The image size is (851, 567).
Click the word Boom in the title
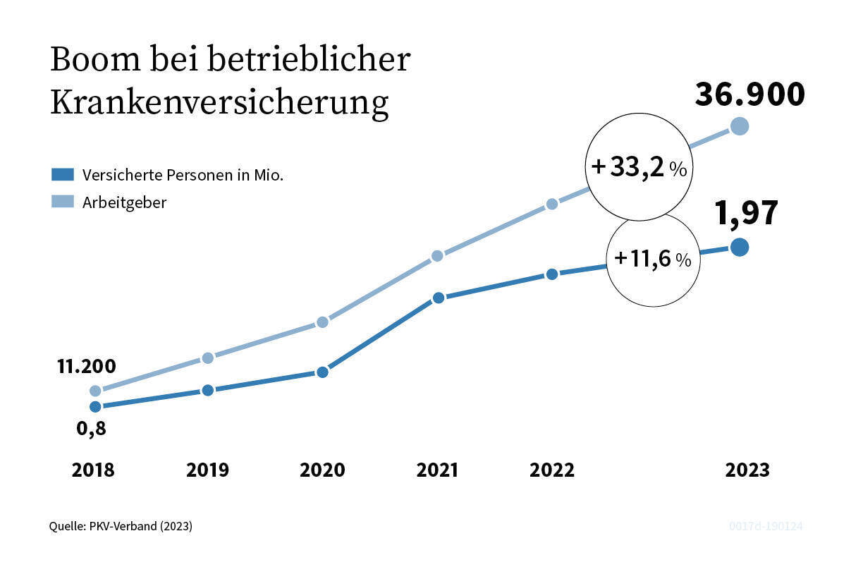point(93,61)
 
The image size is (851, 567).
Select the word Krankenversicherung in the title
point(219,103)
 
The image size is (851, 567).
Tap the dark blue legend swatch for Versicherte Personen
point(62,175)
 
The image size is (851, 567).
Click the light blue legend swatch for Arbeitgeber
point(62,203)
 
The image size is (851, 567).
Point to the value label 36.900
point(749,95)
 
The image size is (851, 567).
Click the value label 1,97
point(746,214)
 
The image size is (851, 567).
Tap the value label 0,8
point(92,428)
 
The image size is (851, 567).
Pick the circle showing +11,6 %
point(653,260)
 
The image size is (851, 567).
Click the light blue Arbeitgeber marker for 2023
point(739,126)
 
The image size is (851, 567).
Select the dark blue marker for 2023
point(739,247)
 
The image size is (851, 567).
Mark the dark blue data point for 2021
point(438,298)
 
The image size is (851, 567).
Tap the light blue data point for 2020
point(322,322)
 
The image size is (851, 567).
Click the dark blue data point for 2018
point(95,406)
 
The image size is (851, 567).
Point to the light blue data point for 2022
point(552,204)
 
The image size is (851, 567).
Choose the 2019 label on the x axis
point(207,470)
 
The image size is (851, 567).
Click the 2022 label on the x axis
point(552,470)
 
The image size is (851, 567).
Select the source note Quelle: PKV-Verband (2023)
point(121,526)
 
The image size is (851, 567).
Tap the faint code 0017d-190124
point(766,526)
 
